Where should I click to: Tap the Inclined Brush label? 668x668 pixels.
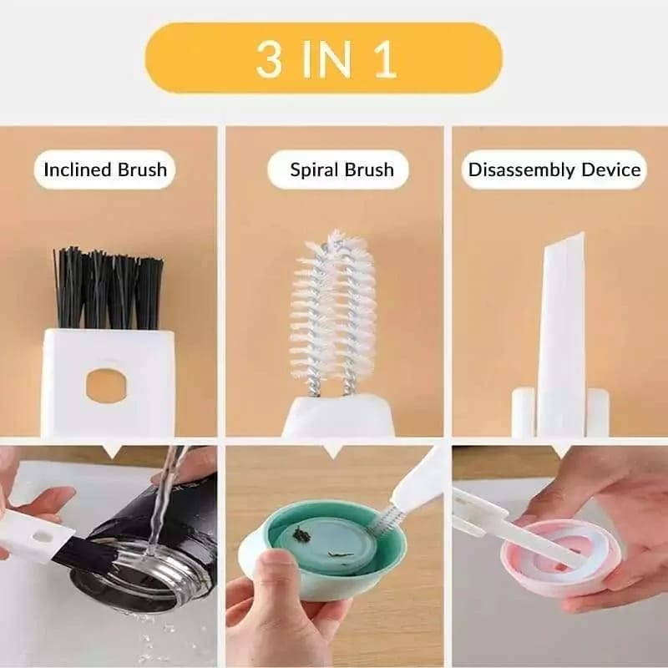[105, 170]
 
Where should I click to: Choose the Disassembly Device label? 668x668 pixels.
[554, 170]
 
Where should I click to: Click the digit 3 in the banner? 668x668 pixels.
[269, 58]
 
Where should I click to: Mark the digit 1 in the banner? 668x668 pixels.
[385, 58]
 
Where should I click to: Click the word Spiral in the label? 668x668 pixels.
[311, 170]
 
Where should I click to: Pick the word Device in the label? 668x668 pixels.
[613, 170]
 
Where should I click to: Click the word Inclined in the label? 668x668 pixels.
[77, 170]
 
